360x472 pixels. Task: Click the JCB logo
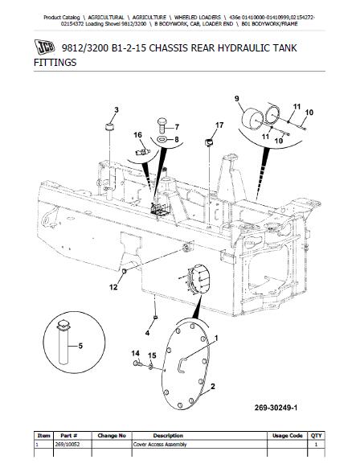pyautogui.click(x=45, y=47)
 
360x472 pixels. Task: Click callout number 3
pyautogui.click(x=117, y=110)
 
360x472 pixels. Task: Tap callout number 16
pyautogui.click(x=137, y=135)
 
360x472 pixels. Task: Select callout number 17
pyautogui.click(x=219, y=125)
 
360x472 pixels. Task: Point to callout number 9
pyautogui.click(x=237, y=98)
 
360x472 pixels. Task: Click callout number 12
pyautogui.click(x=113, y=287)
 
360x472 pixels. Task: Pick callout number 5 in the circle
pyautogui.click(x=80, y=346)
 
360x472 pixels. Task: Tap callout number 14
pyautogui.click(x=135, y=353)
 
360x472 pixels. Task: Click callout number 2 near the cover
pyautogui.click(x=213, y=386)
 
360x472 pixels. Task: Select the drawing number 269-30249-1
pyautogui.click(x=276, y=408)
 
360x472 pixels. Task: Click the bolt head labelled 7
pyautogui.click(x=162, y=125)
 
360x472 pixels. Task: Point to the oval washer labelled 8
pyautogui.click(x=162, y=139)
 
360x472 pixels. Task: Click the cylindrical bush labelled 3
pyautogui.click(x=109, y=126)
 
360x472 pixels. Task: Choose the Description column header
pyautogui.click(x=168, y=436)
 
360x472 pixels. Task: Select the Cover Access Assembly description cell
pyautogui.click(x=160, y=445)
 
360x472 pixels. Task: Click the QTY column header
pyautogui.click(x=316, y=436)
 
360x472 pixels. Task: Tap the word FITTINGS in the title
pyautogui.click(x=55, y=63)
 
